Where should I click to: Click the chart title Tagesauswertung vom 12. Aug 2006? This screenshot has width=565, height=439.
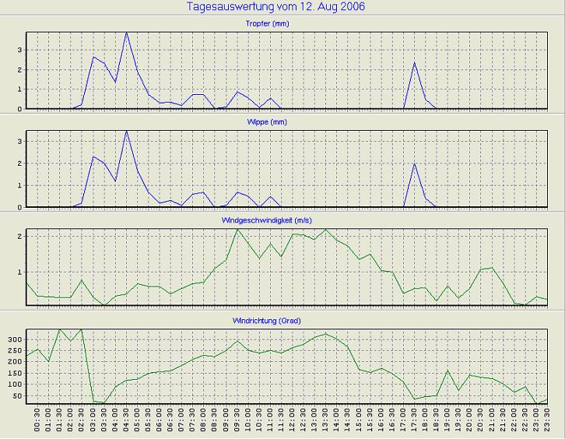276,7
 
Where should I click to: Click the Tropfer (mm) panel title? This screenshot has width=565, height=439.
281,23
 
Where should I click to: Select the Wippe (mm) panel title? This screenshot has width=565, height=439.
281,123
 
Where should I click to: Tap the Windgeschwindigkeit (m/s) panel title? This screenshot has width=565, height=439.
281,221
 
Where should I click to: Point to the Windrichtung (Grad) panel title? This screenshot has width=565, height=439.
281,321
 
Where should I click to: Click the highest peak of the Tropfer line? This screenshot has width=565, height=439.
127,33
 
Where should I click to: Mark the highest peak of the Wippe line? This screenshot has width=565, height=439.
127,131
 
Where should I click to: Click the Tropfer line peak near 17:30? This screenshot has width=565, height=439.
415,62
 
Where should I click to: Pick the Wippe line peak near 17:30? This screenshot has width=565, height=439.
415,163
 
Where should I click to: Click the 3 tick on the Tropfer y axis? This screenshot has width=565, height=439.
19,50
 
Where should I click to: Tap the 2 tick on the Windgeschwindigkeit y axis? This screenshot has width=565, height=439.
19,235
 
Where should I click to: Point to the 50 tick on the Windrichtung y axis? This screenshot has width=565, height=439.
16,396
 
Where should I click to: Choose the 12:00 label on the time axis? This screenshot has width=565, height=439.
293,423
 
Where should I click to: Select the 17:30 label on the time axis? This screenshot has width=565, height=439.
415,423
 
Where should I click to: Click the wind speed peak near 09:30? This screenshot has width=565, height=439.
237,229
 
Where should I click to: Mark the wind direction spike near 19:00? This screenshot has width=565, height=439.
448,371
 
